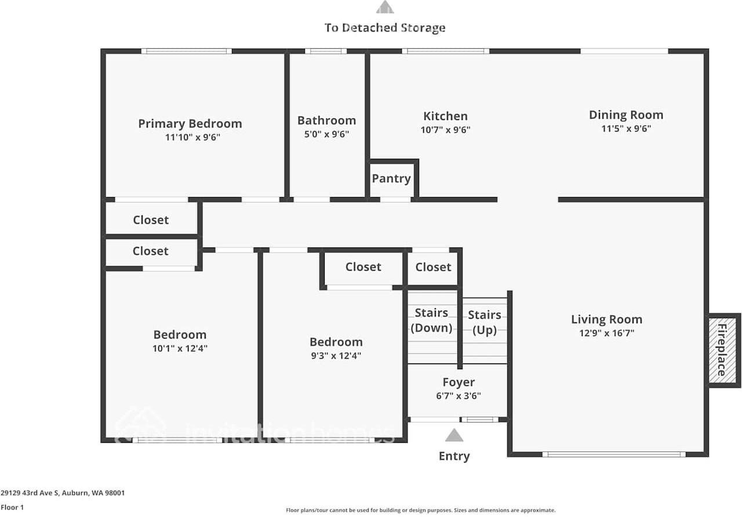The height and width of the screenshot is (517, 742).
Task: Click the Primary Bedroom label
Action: tap(190, 123)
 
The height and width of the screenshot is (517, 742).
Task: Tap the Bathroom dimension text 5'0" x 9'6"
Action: tap(326, 134)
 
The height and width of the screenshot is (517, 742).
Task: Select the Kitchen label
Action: tap(445, 116)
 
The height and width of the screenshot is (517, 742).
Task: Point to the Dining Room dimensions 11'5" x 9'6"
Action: tap(626, 129)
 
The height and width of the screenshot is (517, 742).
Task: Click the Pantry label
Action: tap(391, 179)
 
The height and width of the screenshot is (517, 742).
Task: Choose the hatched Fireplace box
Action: tap(723, 350)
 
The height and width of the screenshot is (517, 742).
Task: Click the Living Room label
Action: tap(606, 319)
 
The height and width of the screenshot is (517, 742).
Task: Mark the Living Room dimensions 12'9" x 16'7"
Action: tap(606, 333)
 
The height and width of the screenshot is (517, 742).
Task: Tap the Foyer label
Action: tap(459, 382)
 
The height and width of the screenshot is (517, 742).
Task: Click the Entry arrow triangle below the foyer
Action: tap(454, 436)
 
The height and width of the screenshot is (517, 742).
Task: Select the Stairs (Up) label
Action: tap(485, 322)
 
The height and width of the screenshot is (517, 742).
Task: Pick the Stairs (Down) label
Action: tap(431, 320)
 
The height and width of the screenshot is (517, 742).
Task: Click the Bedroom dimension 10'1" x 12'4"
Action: tap(180, 348)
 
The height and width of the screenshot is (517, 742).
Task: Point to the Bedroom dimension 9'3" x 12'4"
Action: tap(336, 356)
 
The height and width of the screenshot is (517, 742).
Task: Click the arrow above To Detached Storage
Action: tap(385, 8)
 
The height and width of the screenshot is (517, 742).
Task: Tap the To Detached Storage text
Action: tap(385, 28)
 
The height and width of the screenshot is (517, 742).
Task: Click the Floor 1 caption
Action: tap(12, 507)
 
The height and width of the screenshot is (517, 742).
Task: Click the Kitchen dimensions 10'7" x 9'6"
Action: tap(445, 130)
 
